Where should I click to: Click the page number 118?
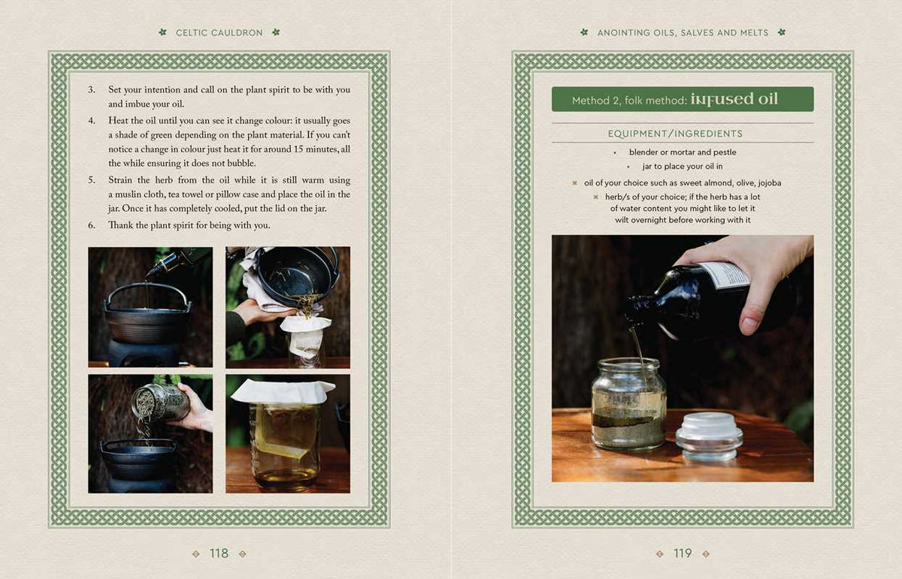tap(219, 553)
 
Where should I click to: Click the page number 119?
tap(683, 553)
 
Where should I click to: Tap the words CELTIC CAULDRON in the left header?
tap(219, 32)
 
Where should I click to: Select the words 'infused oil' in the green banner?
tap(734, 99)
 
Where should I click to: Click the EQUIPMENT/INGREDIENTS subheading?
tap(675, 134)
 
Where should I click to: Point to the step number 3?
tap(92, 89)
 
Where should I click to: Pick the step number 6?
tap(92, 225)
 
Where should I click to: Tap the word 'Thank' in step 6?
tap(120, 225)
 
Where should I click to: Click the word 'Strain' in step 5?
tap(120, 179)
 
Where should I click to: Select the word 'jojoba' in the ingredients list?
tap(770, 182)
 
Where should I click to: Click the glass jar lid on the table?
tap(709, 436)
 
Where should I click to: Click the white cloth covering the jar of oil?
tap(283, 391)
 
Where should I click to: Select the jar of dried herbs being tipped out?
tap(161, 403)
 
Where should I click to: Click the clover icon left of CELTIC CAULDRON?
tap(162, 32)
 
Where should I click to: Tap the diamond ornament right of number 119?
tap(706, 553)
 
